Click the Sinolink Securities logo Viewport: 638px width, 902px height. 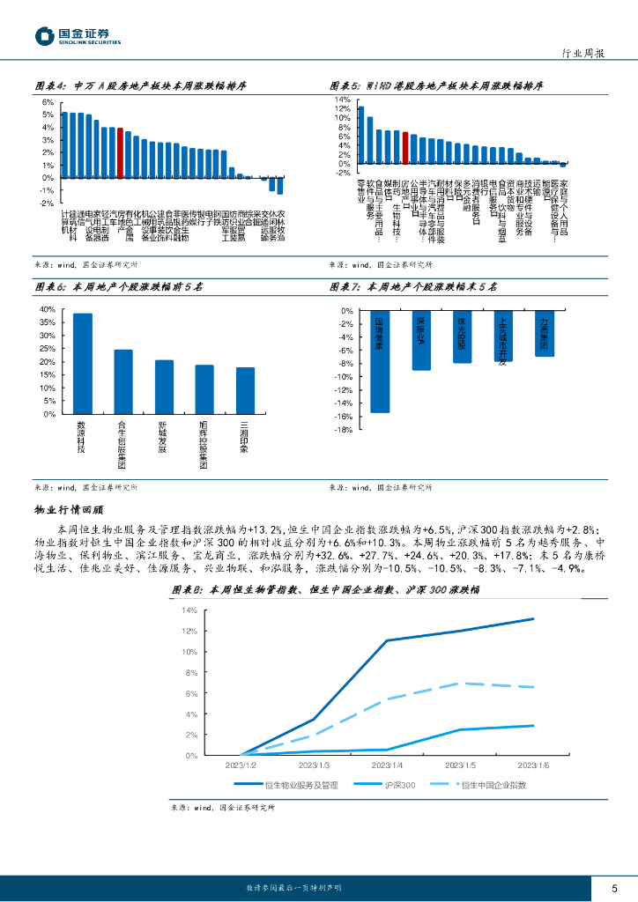[x=77, y=37]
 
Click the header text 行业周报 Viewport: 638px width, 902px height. [x=582, y=54]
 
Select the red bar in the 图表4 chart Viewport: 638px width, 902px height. [x=119, y=152]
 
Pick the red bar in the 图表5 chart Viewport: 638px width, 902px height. [x=404, y=147]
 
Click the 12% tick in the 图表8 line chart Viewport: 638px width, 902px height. [x=189, y=632]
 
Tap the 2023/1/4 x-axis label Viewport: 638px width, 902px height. [x=388, y=766]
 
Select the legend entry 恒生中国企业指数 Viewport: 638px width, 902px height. [x=493, y=785]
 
